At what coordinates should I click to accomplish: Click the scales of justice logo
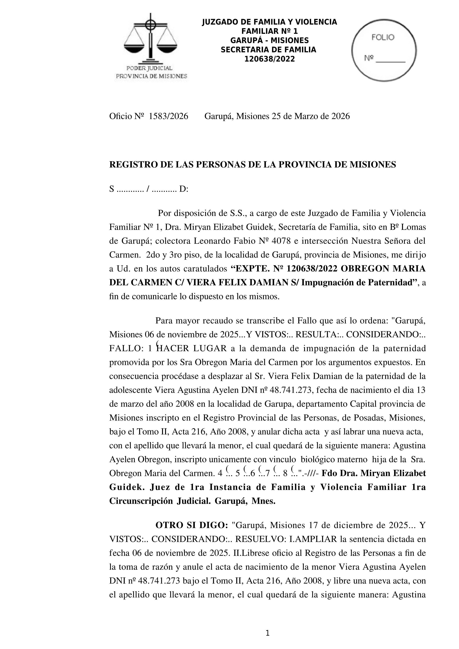[x=151, y=38]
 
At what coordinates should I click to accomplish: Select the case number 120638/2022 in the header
[x=269, y=59]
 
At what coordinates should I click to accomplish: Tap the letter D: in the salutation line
[x=184, y=189]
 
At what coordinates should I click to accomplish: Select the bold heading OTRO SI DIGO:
[x=192, y=525]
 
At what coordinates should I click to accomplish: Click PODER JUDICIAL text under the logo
[x=149, y=68]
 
